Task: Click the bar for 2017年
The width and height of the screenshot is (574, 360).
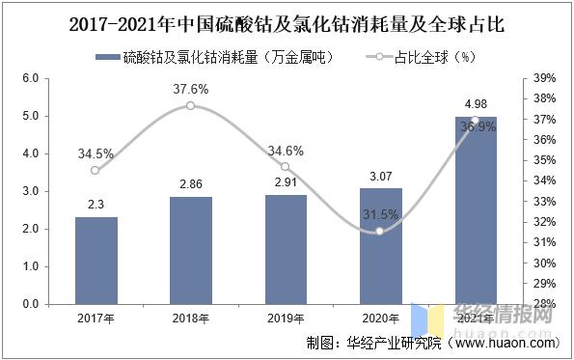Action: tap(96, 260)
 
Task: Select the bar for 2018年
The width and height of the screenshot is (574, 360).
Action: tap(190, 250)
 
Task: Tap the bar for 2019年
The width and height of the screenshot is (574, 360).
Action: tap(286, 249)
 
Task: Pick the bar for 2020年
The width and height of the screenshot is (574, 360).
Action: tap(380, 246)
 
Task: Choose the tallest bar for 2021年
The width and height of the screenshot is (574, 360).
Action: tap(475, 210)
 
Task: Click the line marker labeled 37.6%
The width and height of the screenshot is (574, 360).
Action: tap(190, 104)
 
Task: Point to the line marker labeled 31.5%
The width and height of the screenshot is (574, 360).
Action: tap(380, 231)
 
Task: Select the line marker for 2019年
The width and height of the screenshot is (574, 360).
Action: tap(286, 167)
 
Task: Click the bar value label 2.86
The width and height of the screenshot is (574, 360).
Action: tap(190, 182)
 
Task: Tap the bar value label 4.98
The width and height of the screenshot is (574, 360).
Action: tap(475, 103)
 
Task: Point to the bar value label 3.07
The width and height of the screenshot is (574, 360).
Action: tap(380, 175)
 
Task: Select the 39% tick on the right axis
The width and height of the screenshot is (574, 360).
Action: tap(543, 78)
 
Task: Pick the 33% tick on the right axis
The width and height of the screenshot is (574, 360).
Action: tap(543, 202)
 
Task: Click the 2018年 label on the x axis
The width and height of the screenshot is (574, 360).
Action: tap(190, 318)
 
